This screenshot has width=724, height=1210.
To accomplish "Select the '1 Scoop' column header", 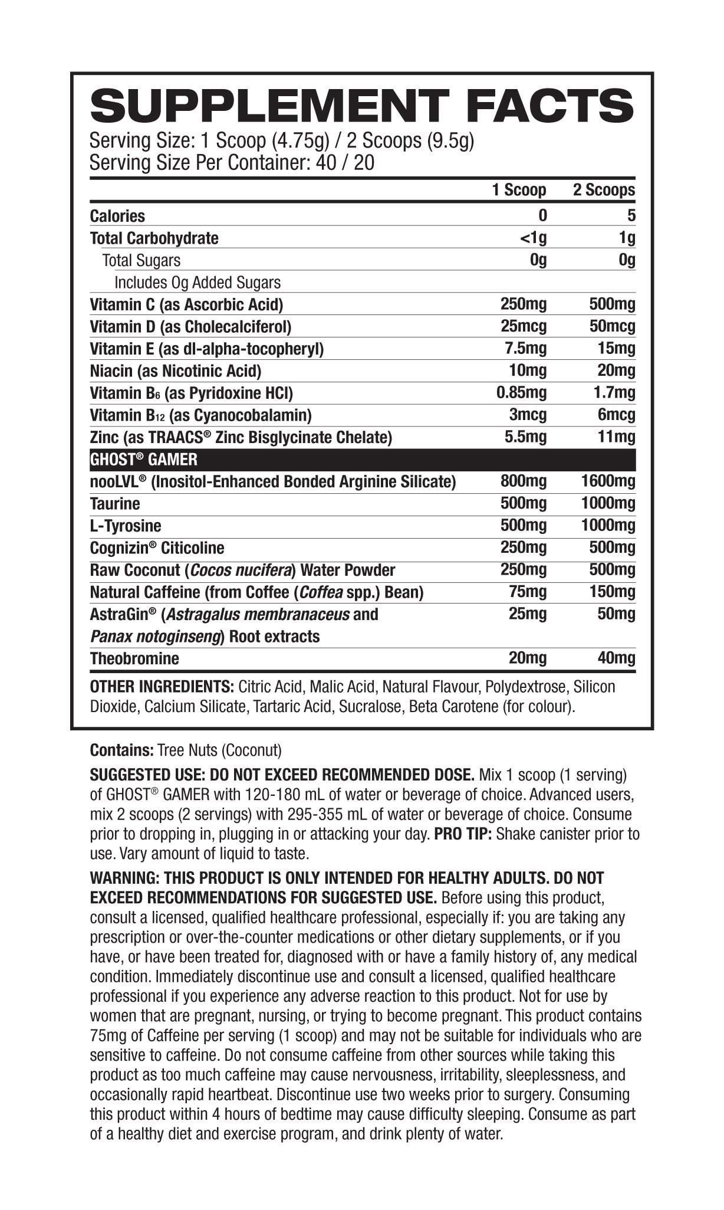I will point(519,191).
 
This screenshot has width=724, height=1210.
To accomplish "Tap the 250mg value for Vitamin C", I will point(523,304).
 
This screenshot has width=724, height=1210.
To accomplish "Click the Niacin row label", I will point(175,371).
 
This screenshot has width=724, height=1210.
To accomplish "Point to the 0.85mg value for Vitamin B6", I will point(521,393).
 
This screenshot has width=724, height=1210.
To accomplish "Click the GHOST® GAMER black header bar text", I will point(143,460).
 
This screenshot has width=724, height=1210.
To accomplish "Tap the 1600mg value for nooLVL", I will point(608,482).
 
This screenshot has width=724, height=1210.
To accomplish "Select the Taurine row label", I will point(115,504).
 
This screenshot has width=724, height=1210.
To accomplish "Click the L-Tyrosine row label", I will point(125,526).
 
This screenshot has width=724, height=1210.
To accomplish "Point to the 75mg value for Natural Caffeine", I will point(528,592).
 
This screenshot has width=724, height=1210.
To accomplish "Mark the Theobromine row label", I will point(134,658).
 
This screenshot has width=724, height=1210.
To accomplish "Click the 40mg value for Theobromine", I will point(616,658).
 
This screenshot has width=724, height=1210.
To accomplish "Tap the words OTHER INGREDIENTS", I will point(162,687).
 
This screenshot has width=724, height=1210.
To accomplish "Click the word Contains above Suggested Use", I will point(121,750).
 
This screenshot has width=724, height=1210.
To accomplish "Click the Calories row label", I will point(117,216).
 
